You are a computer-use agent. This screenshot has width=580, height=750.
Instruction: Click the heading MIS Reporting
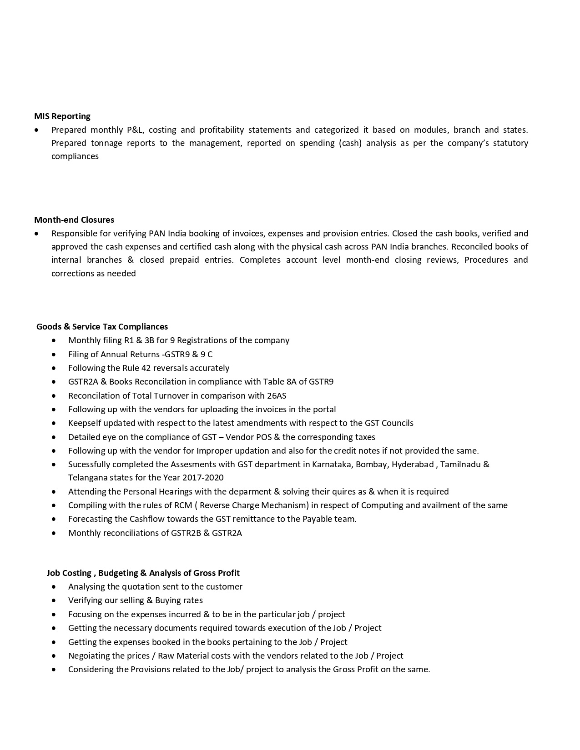tap(62, 116)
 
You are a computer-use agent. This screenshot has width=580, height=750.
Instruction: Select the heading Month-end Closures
tap(74, 220)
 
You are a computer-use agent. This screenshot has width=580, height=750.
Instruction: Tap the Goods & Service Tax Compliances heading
tap(102, 326)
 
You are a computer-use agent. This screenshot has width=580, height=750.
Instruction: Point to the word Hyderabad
tap(413, 464)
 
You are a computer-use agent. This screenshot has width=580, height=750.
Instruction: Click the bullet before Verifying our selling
tap(55, 600)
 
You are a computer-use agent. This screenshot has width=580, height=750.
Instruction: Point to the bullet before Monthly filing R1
tap(55, 340)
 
